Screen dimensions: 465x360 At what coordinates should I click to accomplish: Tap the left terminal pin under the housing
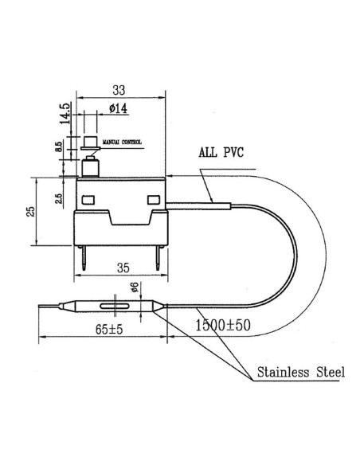[x=84, y=255]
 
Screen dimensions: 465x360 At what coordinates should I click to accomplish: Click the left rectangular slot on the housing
[x=88, y=198]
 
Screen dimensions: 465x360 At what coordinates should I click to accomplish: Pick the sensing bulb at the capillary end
[x=116, y=307]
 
